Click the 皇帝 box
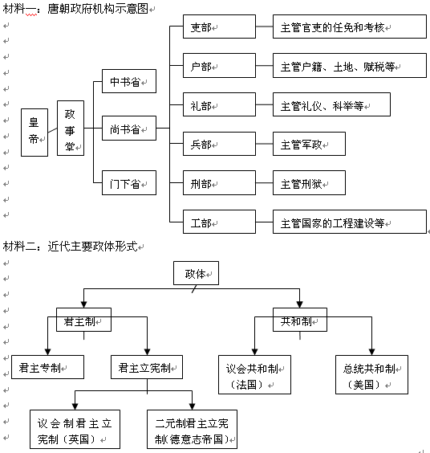(34, 133)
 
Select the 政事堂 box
(71, 129)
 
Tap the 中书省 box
(129, 81)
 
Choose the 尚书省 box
(129, 129)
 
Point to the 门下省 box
(129, 182)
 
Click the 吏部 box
(219, 27)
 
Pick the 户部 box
(219, 65)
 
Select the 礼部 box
(219, 104)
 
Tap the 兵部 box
(219, 144)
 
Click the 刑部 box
(219, 183)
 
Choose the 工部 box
(219, 222)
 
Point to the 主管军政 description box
(309, 144)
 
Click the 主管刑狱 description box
(309, 183)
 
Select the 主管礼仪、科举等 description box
(331, 104)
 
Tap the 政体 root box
(196, 273)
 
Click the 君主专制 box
(47, 367)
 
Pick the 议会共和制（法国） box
(254, 375)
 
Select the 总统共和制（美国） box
(371, 375)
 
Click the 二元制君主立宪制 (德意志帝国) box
(193, 430)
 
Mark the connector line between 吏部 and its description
(265, 27)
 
